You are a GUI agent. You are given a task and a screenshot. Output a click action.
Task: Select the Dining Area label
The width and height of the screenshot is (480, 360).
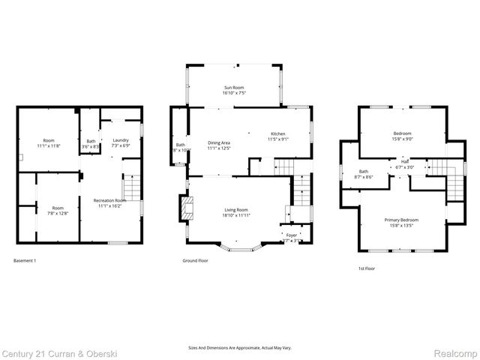click(x=218, y=145)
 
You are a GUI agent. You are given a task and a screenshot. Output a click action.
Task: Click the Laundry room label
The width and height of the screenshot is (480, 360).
click(x=121, y=142)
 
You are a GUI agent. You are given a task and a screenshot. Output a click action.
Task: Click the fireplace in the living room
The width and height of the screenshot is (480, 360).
click(x=184, y=208)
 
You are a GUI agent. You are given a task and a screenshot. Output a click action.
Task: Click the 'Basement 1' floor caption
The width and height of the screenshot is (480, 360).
click(x=25, y=260)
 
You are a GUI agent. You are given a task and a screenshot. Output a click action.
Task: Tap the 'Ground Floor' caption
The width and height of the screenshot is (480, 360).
click(x=195, y=260)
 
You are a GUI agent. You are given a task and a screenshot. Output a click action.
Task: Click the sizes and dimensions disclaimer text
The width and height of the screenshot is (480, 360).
click(x=240, y=348)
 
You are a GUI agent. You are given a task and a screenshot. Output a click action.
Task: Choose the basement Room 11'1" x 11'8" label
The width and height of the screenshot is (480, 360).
click(x=49, y=142)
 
